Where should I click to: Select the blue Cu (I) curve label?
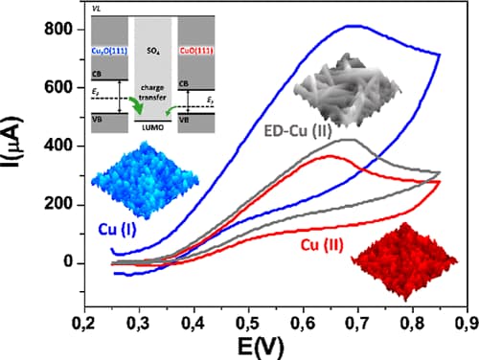pyautogui.click(x=120, y=229)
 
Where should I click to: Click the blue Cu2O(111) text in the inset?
pyautogui.click(x=113, y=49)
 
